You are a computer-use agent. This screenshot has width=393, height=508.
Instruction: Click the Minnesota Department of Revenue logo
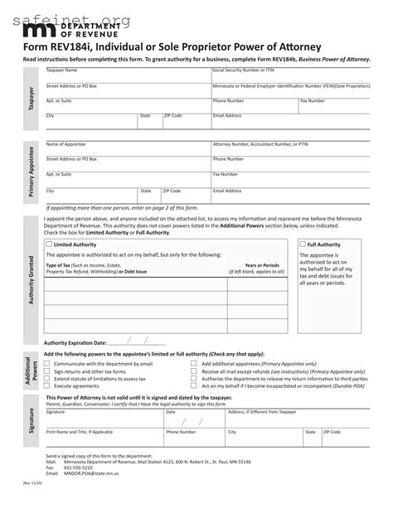63,31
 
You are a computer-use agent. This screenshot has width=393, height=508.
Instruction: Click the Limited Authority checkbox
48,244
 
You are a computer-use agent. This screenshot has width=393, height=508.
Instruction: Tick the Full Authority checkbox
303,244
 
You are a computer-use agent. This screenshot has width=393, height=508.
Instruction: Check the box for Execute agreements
48,385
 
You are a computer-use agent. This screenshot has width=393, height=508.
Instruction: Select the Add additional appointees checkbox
194,363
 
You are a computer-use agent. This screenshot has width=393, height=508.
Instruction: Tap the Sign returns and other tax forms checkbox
48,370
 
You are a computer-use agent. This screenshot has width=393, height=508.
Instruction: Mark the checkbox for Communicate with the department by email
48,363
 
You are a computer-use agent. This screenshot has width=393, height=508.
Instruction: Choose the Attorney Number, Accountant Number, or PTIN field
290,148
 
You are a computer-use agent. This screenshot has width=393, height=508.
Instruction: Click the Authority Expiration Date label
75,341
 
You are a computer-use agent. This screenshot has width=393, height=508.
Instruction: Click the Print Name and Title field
104,439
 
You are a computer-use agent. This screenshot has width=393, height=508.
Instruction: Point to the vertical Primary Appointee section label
31,173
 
